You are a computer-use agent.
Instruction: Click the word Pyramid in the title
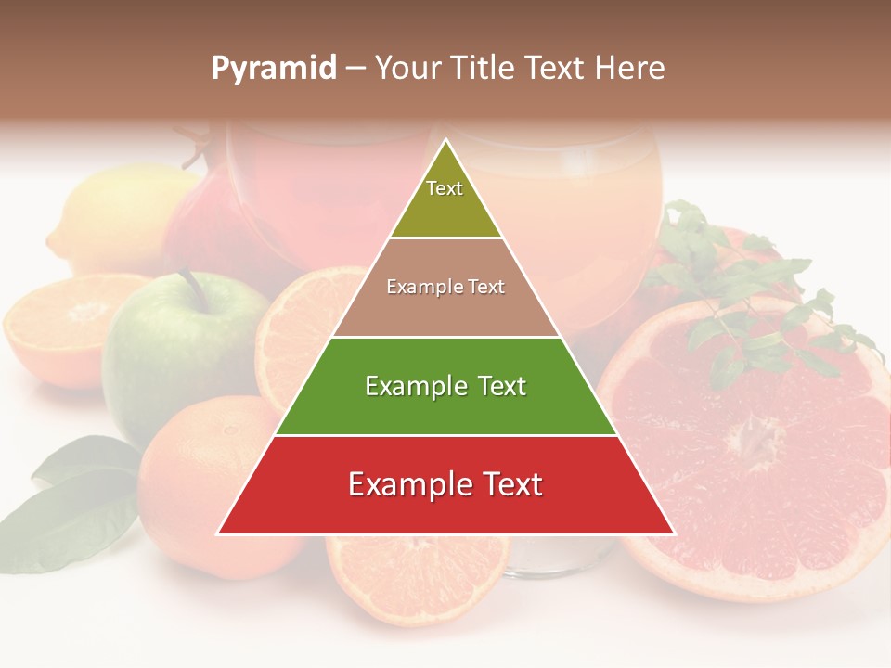[274, 69]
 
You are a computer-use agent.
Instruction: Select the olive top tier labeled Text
[445, 199]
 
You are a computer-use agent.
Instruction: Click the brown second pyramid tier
[445, 288]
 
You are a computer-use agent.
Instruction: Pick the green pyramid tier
[445, 386]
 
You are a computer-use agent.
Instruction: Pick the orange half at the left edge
[56, 329]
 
